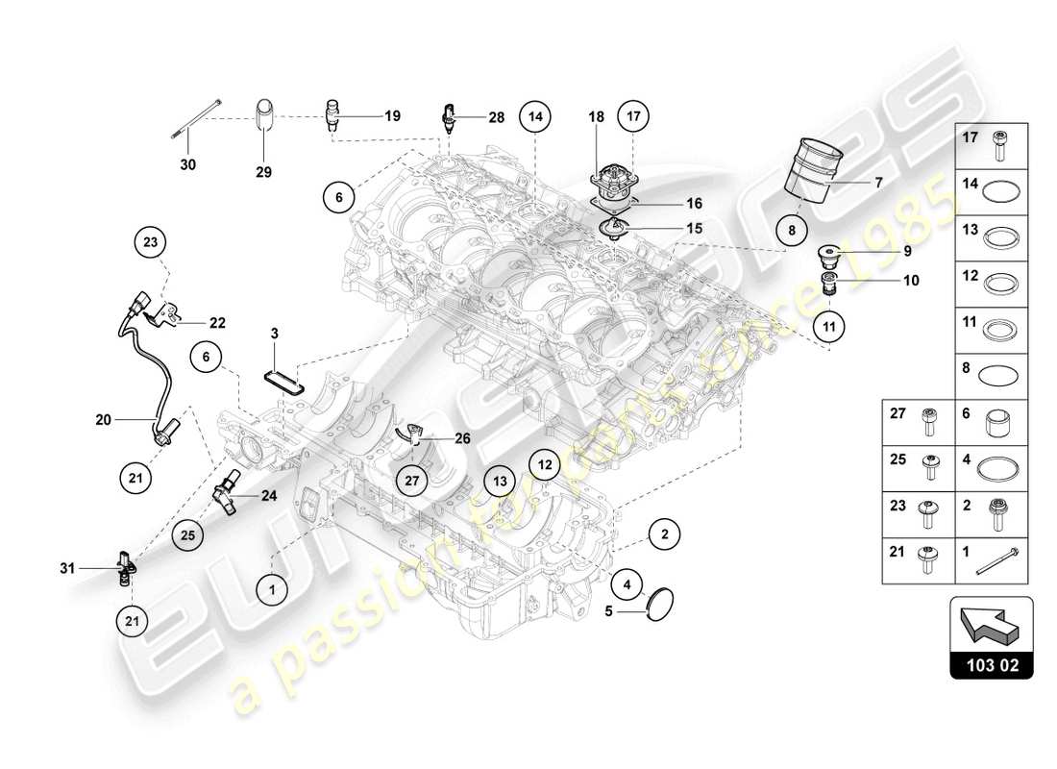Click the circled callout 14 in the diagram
(535, 116)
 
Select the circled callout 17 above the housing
(632, 116)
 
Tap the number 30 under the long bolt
(187, 164)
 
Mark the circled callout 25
(188, 533)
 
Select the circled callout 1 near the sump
(273, 588)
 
